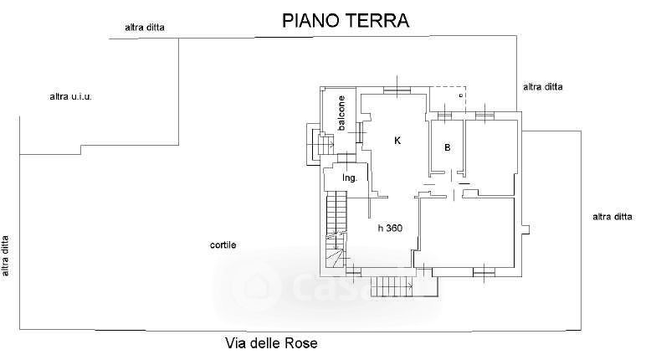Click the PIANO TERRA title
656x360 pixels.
[346, 20]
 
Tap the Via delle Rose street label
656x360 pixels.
[271, 343]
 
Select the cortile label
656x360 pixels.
[223, 244]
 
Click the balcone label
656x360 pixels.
[341, 113]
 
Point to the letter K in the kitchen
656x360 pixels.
[397, 141]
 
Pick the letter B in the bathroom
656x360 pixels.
[448, 147]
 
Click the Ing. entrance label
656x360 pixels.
[350, 177]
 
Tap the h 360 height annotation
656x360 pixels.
[390, 228]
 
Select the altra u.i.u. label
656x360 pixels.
[70, 97]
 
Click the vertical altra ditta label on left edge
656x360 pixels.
[5, 256]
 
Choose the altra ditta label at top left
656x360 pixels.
[145, 28]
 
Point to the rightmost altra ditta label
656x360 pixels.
[612, 217]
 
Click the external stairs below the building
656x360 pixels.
[393, 286]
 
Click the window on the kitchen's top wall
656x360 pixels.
[397, 89]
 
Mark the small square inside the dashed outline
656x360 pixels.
[460, 95]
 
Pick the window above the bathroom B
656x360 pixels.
[444, 116]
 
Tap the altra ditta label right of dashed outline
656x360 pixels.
[542, 87]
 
